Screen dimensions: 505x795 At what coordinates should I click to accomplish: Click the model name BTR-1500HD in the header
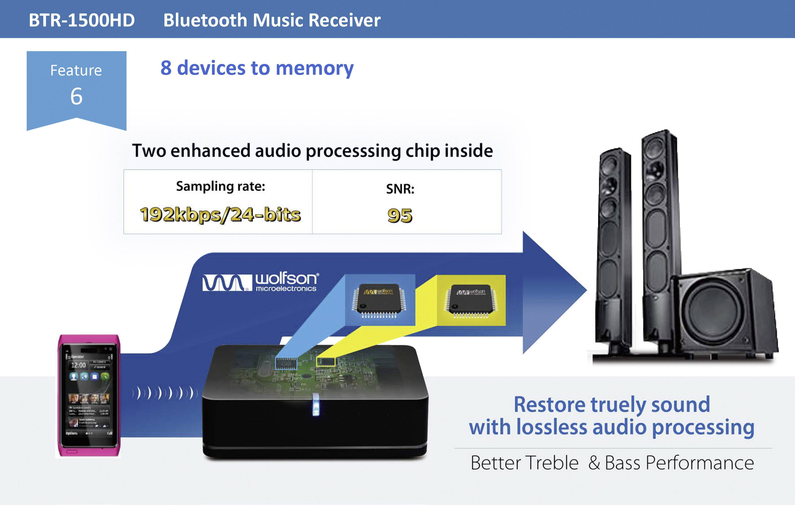[x=82, y=20]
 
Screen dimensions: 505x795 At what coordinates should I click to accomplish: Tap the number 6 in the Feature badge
[x=76, y=97]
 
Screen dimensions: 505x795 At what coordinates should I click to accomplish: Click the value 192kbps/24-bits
[x=220, y=215]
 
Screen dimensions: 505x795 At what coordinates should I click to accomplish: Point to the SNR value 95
[x=400, y=216]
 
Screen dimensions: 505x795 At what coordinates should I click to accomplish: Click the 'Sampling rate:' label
[x=221, y=187]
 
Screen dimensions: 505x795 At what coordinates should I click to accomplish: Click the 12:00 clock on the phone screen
[x=78, y=365]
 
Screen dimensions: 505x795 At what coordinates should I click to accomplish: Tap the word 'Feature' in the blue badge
[x=76, y=70]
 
